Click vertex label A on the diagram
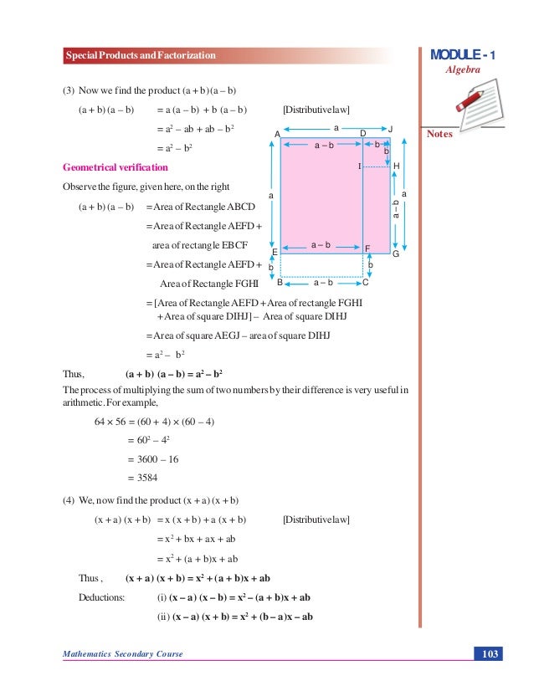coord(276,134)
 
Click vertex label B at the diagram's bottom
coord(279,283)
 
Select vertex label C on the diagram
coord(367,283)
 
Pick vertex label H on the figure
coord(396,166)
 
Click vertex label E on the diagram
coord(275,251)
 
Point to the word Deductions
coord(101,597)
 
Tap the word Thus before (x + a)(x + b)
coord(90,578)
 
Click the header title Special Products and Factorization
coord(141,55)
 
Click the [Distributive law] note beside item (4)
coord(316,520)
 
